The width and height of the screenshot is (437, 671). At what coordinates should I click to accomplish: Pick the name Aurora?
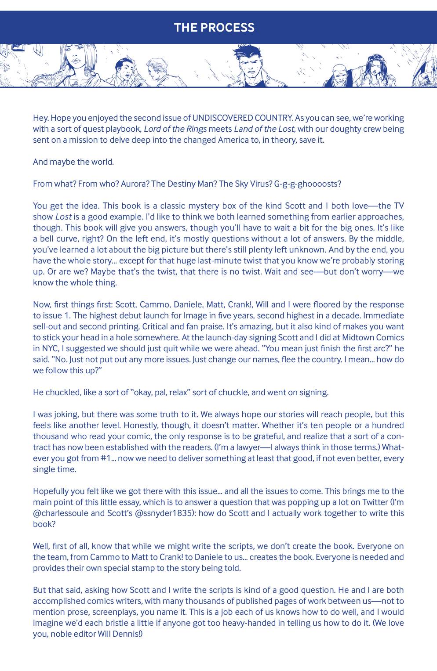click(x=135, y=184)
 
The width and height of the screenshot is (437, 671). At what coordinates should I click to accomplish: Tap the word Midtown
click(x=361, y=337)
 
